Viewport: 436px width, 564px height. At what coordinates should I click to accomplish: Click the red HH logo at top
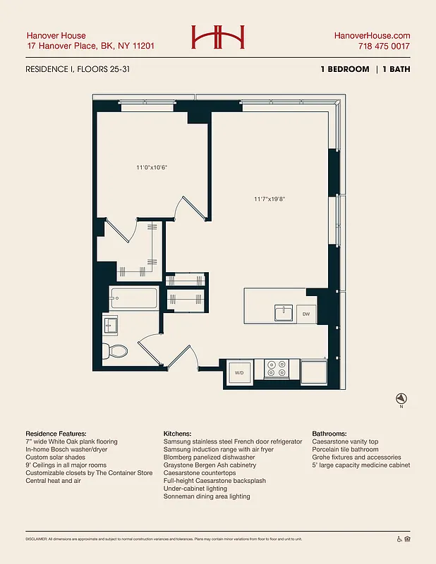217,37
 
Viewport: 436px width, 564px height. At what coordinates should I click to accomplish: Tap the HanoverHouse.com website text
372,35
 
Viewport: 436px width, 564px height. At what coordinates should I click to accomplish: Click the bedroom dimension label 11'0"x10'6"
152,168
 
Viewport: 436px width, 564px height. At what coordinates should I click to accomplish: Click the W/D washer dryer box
238,372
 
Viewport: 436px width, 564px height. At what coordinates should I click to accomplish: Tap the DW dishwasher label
306,314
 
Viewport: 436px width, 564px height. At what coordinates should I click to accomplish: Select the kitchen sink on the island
284,312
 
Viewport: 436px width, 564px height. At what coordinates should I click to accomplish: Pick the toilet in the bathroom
114,350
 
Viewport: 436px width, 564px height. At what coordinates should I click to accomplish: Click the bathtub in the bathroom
133,299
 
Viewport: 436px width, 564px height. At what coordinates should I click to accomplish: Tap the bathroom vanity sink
111,326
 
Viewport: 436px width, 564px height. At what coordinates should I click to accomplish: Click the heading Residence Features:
56,433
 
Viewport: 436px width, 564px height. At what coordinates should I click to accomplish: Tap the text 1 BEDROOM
344,69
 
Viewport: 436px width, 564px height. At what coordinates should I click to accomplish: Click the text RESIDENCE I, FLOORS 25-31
78,69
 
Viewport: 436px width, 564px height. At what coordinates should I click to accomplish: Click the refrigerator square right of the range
313,371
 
